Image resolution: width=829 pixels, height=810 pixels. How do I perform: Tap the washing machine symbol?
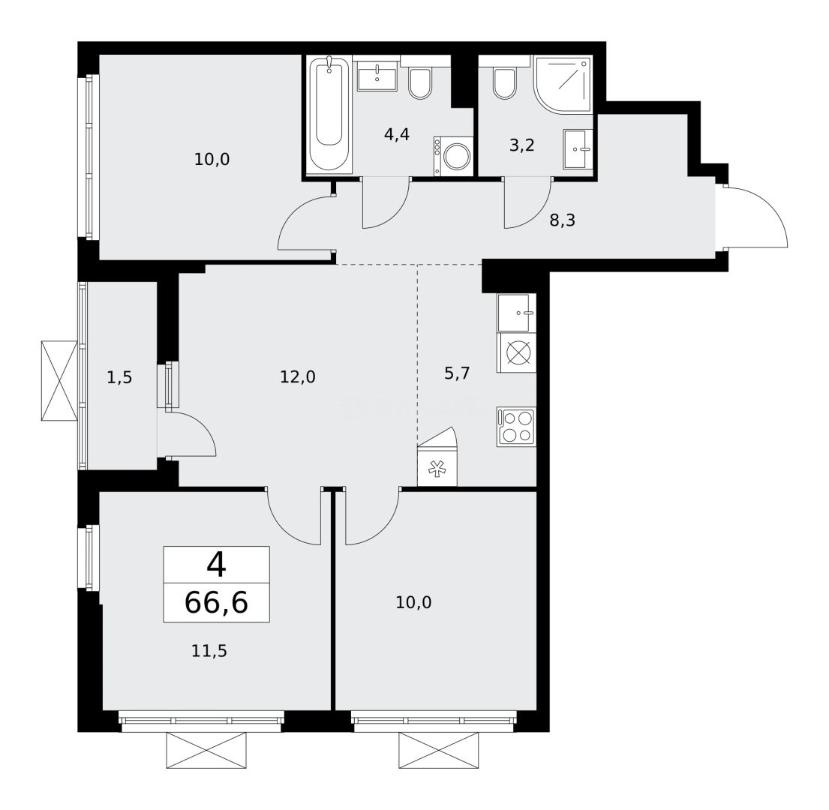point(453,156)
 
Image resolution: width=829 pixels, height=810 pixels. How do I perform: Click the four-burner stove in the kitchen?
point(516,427)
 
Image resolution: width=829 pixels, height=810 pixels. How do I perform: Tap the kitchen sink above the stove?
point(516,312)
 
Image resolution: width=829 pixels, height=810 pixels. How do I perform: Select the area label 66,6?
point(216,602)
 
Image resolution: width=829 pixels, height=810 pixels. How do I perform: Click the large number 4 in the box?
point(216,564)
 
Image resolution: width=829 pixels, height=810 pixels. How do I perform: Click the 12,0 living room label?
point(298,377)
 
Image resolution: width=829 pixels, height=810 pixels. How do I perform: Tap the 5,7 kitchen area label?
point(456,373)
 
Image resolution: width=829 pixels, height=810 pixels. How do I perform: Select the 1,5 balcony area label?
point(119,377)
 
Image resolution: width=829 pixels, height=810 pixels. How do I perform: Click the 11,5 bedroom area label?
point(209,650)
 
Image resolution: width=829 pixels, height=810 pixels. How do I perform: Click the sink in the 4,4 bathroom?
point(377,77)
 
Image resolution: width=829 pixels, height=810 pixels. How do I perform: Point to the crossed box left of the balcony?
point(59,380)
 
